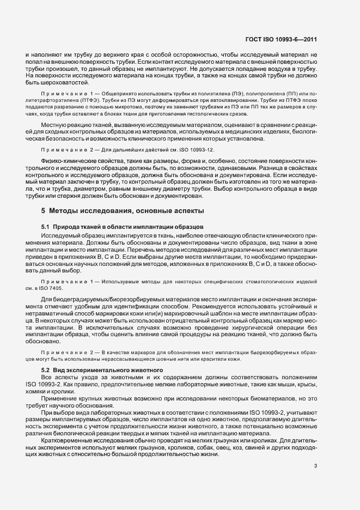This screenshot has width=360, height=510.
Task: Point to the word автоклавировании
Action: point(225,99)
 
